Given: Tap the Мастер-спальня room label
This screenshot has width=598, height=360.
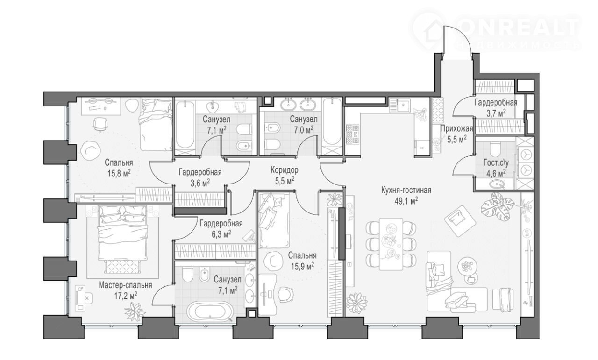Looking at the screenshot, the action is (x=126, y=285).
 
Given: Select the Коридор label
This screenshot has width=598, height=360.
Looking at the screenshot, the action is (x=285, y=169).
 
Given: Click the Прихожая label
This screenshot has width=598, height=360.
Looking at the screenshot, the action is (x=456, y=128).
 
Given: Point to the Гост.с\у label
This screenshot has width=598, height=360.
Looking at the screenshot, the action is (x=496, y=162).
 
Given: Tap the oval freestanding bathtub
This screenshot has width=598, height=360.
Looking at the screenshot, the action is (x=210, y=311).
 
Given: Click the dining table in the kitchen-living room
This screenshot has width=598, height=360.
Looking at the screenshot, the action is (x=391, y=244).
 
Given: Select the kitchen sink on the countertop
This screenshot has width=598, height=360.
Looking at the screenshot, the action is (x=403, y=105).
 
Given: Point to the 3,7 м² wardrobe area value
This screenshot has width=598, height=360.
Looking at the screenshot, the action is (x=496, y=113).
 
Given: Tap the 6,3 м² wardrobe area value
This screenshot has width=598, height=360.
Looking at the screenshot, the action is (x=221, y=234).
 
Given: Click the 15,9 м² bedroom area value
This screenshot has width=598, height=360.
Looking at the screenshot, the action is (x=302, y=266).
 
